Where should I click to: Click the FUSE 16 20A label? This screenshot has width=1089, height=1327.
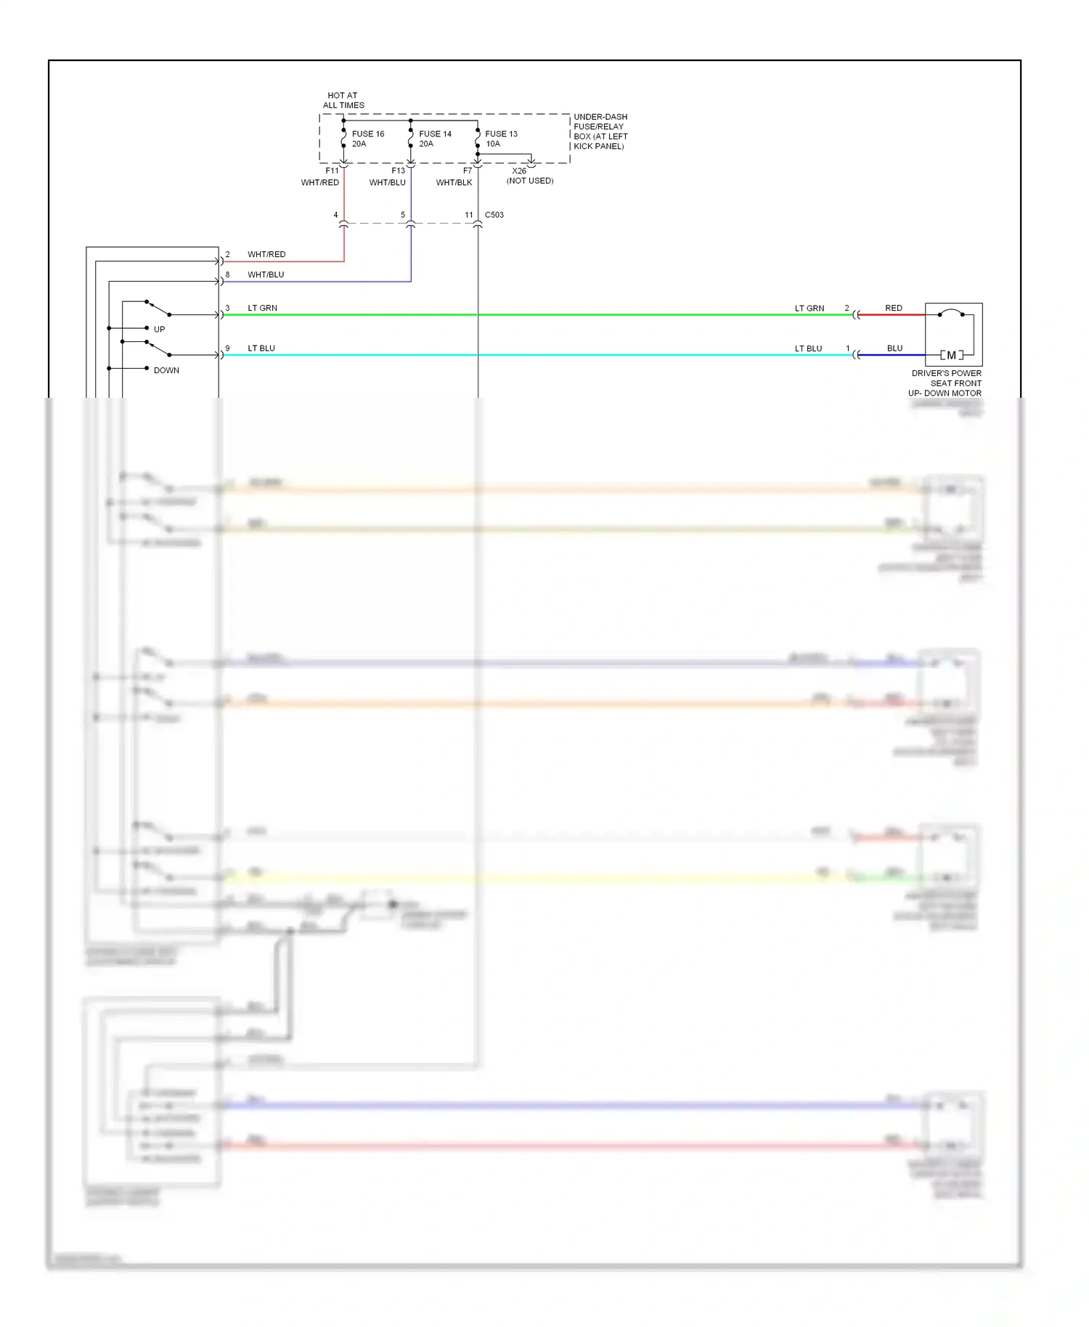coord(367,139)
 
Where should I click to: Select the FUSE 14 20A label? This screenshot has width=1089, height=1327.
coord(434,139)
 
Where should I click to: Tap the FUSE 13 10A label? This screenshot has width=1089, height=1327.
coord(501,139)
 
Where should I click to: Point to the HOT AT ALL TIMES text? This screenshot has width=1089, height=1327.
coord(343,100)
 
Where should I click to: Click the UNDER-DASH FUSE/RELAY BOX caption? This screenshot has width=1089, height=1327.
coord(600,131)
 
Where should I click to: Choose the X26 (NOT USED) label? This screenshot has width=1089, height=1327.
coord(529,176)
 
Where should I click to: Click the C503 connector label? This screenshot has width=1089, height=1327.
coord(494,215)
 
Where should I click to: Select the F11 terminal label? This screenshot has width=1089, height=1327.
coord(332,171)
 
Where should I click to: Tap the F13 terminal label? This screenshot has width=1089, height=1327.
coord(398,171)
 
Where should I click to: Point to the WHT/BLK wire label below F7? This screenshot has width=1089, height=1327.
coord(454,183)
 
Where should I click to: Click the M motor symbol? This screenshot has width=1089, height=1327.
coord(951,355)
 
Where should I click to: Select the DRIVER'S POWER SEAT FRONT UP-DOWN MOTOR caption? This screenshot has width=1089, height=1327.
coord(945,383)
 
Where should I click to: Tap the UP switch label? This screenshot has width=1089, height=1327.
coord(159,330)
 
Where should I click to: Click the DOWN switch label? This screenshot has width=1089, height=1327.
coord(166,370)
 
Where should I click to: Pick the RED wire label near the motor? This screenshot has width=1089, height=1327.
coord(894,308)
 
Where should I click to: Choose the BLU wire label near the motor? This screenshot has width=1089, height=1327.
coord(894,348)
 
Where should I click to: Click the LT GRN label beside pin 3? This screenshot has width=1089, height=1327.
coord(262,308)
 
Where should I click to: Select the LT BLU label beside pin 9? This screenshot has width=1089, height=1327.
coord(261,348)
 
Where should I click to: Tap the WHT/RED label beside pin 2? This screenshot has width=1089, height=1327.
coord(266,254)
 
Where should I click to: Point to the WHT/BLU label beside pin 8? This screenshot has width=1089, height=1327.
coord(266,274)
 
